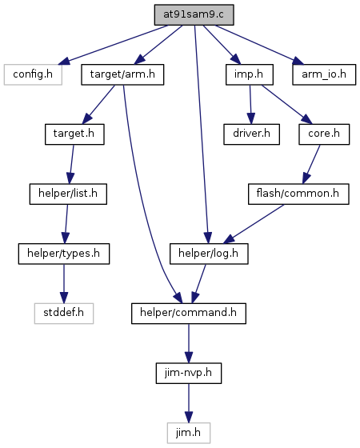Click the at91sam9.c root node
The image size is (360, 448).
(194, 14)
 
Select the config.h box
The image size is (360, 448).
(33, 74)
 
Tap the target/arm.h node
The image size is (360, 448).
(122, 74)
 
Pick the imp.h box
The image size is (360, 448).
(250, 74)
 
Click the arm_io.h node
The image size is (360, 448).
(324, 74)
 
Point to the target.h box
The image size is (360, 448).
(74, 134)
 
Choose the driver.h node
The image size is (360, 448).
(251, 134)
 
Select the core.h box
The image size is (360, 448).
(324, 134)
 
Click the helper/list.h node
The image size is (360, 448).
(68, 194)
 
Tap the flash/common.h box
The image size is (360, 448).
(298, 194)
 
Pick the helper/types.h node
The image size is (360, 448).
(64, 254)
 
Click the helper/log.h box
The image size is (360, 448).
(209, 254)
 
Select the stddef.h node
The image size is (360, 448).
(64, 314)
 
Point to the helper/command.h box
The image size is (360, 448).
(189, 314)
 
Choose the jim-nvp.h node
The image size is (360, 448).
(189, 373)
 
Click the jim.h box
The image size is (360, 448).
(189, 433)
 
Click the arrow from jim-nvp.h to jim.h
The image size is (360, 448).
(189, 403)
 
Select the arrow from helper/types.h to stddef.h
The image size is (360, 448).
(64, 284)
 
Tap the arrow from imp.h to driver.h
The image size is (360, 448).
(250, 104)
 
